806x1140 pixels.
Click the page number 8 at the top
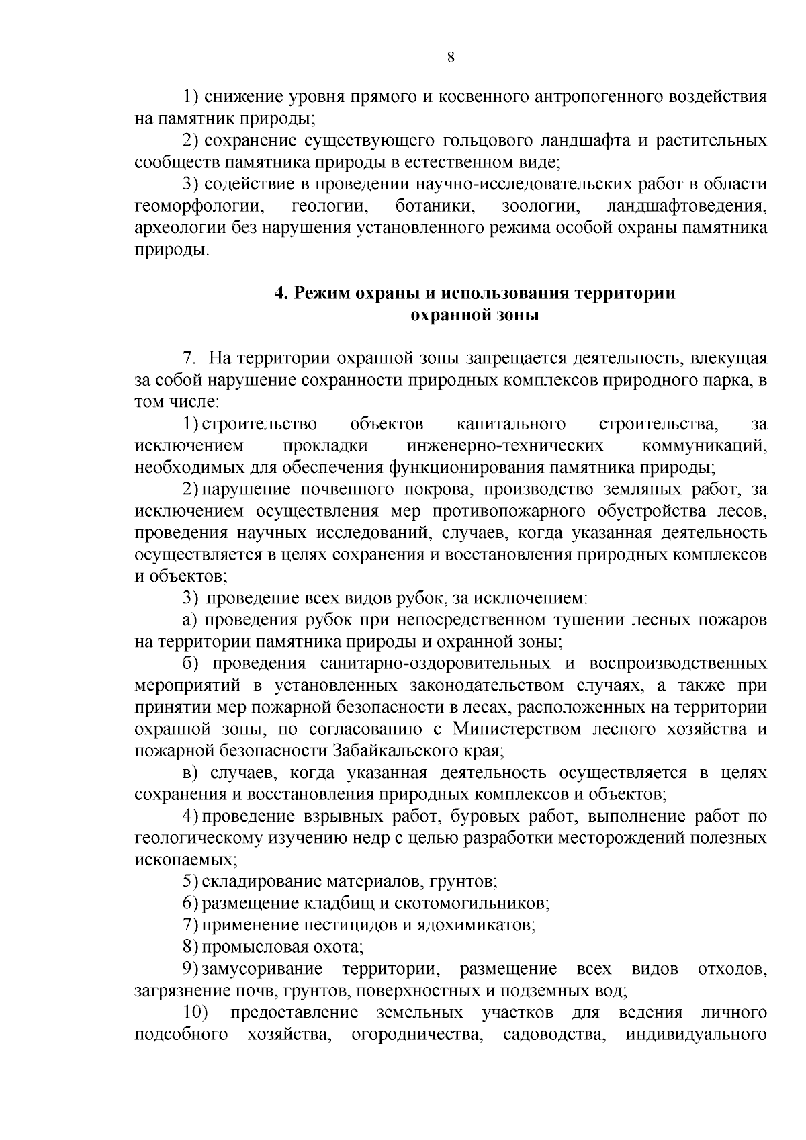tap(451, 58)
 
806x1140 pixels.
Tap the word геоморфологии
tap(198, 206)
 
